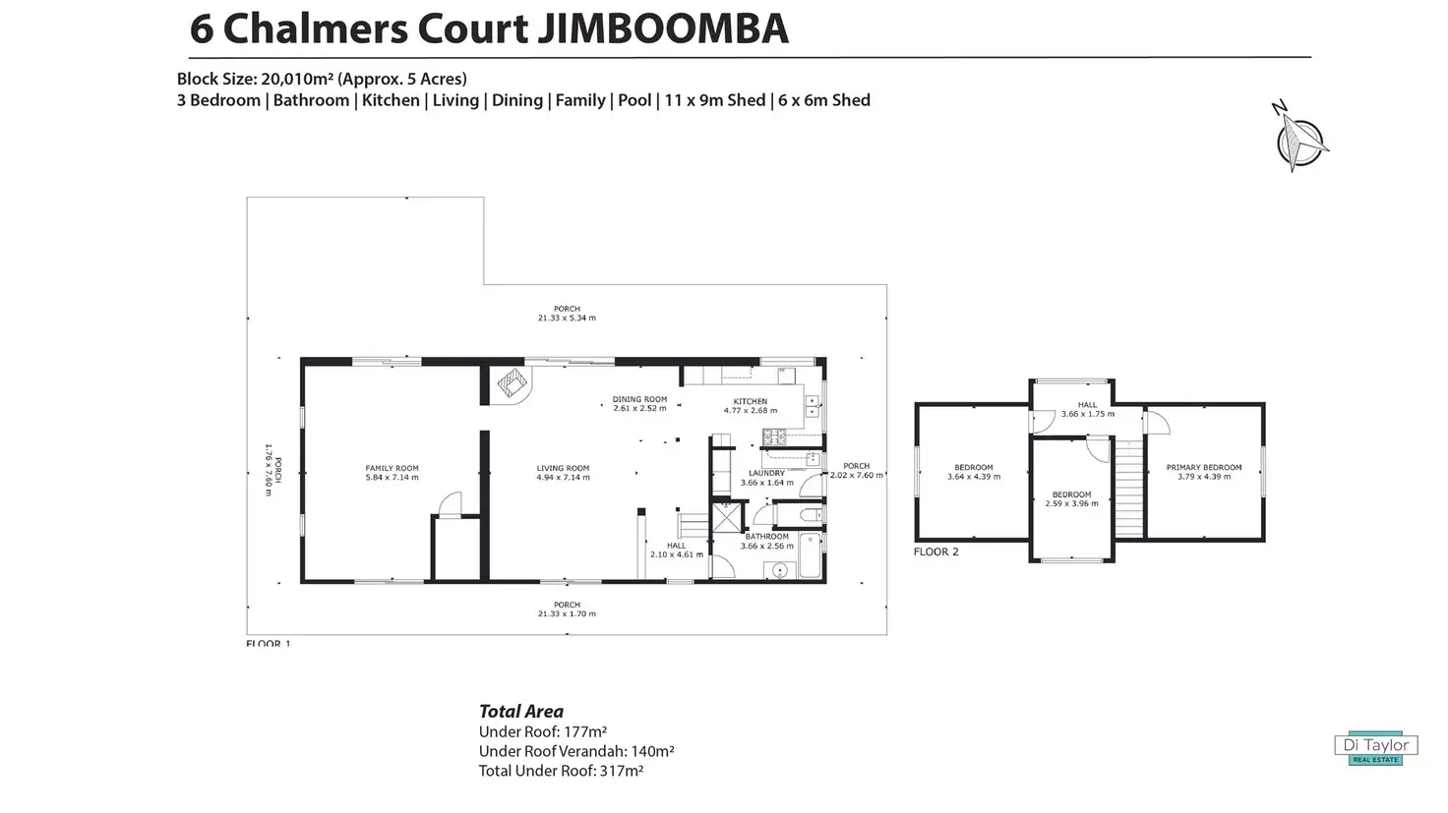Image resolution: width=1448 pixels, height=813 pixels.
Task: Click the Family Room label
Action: pyautogui.click(x=392, y=468)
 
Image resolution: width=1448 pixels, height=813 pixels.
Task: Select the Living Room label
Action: pyautogui.click(x=563, y=468)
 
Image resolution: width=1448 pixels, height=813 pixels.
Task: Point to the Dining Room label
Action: pyautogui.click(x=639, y=399)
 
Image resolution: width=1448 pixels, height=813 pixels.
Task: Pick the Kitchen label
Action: pyautogui.click(x=750, y=401)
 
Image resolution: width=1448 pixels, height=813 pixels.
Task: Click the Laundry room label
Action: pyautogui.click(x=766, y=473)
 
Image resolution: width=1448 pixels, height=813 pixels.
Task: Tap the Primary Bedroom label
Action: pyautogui.click(x=1203, y=467)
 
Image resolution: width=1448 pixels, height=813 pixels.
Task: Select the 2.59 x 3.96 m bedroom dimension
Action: pyautogui.click(x=1071, y=503)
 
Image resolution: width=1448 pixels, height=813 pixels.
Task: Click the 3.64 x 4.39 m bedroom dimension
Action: pyautogui.click(x=974, y=477)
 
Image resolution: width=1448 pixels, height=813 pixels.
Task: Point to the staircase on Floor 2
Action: pyautogui.click(x=1129, y=489)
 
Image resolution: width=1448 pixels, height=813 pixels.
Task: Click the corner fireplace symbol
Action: pyautogui.click(x=511, y=383)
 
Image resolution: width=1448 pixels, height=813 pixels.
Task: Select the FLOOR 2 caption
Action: pyautogui.click(x=935, y=552)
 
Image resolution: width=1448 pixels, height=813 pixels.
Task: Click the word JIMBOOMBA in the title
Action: pyautogui.click(x=662, y=29)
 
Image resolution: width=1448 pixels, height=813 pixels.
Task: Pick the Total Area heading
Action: pyautogui.click(x=520, y=711)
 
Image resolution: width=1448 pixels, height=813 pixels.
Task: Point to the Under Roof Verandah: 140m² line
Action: pyautogui.click(x=575, y=751)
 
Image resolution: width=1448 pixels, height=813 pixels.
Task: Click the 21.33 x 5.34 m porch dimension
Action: pyautogui.click(x=567, y=319)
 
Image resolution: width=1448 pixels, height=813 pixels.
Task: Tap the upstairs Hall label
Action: pyautogui.click(x=1087, y=404)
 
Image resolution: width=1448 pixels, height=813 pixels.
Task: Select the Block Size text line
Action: pyautogui.click(x=322, y=79)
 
